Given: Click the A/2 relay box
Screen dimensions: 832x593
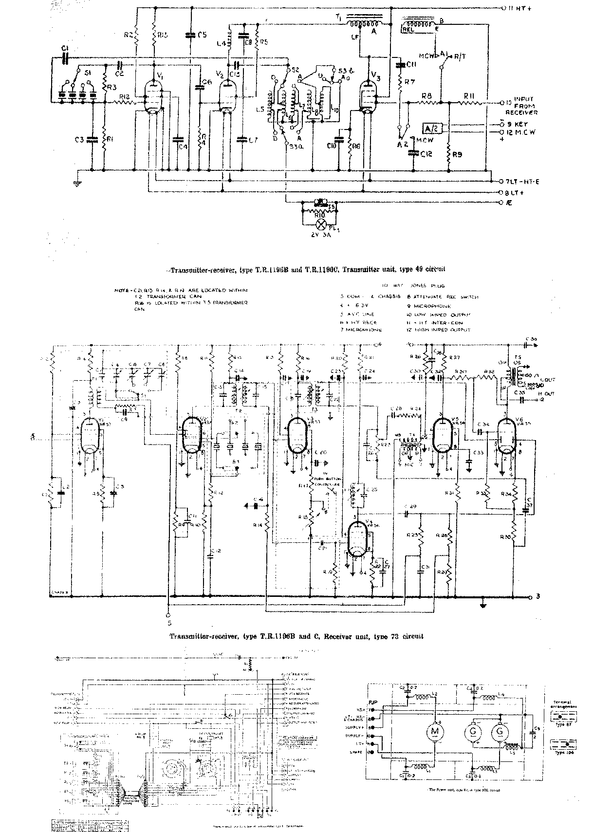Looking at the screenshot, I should tap(431, 128).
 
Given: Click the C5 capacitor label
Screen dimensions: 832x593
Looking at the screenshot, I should tap(203, 35).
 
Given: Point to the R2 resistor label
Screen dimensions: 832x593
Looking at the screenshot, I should tap(128, 35).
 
